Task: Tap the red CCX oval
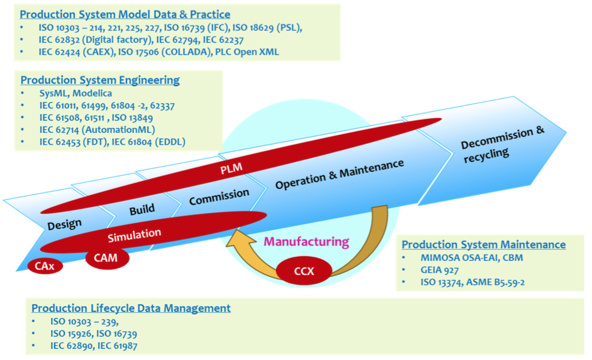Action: click(304, 270)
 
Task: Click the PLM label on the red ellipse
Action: click(231, 166)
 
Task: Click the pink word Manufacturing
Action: click(306, 241)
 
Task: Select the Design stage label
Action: click(65, 224)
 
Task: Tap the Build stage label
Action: click(142, 209)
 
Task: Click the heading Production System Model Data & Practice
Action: click(125, 14)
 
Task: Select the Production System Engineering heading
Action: click(100, 80)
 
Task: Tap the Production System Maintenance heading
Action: click(484, 245)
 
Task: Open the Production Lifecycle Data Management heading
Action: click(131, 308)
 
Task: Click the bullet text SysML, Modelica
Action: click(76, 94)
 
